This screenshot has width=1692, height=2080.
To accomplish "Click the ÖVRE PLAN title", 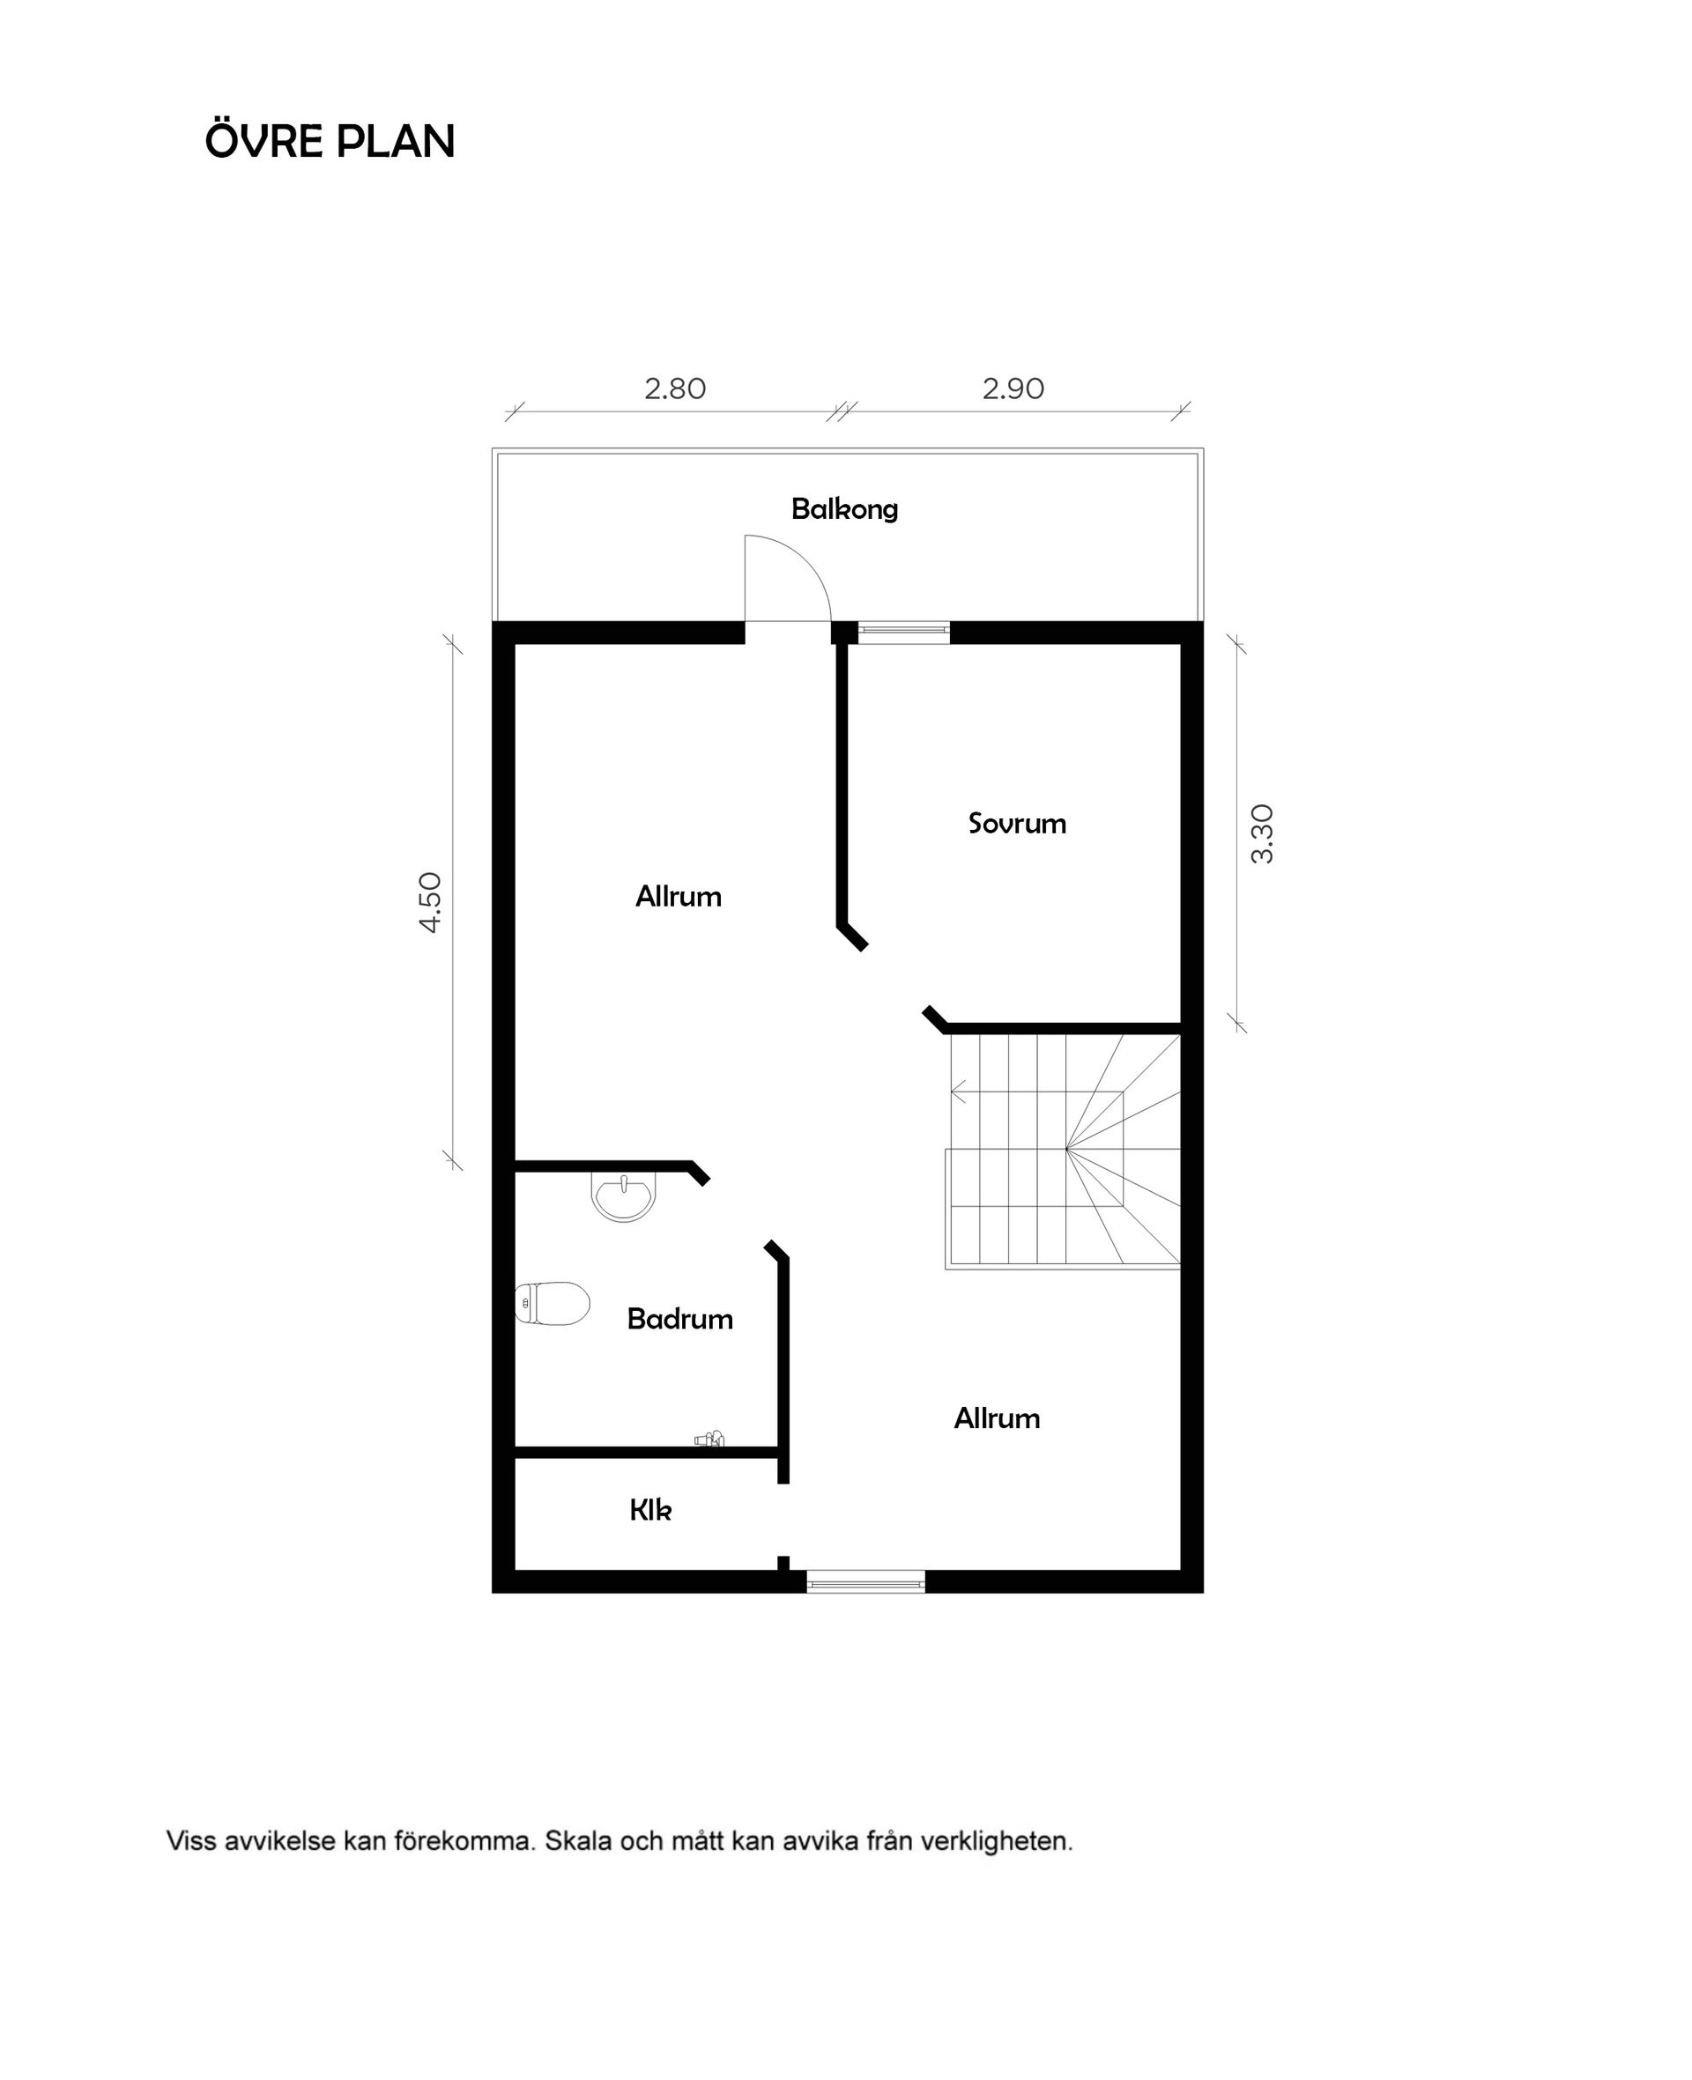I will (330, 141).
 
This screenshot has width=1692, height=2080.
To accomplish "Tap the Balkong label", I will (844, 508).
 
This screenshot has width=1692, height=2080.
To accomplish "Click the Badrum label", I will (679, 1319).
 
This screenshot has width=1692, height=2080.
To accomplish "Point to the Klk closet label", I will (650, 1510).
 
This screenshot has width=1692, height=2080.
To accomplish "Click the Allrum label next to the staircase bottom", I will (996, 1418).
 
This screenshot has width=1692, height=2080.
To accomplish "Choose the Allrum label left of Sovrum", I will (679, 896).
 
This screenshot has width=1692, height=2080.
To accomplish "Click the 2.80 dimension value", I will (674, 389).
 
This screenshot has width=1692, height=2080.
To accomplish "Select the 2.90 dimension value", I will (1013, 389).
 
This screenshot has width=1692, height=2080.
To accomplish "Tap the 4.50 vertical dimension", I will (431, 902).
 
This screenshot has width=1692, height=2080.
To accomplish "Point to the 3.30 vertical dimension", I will (1261, 834).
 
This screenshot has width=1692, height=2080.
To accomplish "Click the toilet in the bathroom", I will (553, 1304).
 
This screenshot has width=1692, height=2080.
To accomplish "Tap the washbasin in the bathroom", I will (624, 1196).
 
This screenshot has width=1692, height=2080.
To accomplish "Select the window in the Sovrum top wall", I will (903, 630).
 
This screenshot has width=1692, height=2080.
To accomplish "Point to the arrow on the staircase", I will (959, 1092).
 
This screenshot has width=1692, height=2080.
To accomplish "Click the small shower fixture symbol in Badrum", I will (709, 1439).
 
